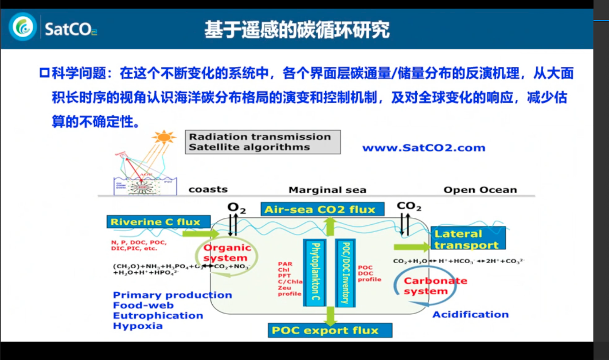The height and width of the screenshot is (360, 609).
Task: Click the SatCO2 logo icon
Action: tap(22, 26)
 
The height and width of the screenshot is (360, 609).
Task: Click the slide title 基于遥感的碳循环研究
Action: tap(297, 29)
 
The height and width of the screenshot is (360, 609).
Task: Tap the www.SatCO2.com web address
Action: tap(423, 148)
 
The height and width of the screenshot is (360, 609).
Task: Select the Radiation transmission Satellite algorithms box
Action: tap(263, 142)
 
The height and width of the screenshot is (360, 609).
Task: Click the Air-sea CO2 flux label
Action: tap(320, 209)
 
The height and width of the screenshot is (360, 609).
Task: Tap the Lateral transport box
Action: tap(467, 239)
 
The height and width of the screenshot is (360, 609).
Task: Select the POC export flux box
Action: tap(330, 330)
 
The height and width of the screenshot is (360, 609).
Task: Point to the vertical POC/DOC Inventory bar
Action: tap(345, 272)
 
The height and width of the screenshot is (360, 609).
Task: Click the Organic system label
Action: tap(228, 253)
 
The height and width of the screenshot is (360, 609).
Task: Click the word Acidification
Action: tap(470, 314)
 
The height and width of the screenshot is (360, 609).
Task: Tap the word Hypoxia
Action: tap(138, 326)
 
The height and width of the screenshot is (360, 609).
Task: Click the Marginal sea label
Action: tap(327, 190)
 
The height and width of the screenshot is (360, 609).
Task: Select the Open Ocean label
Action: tap(480, 190)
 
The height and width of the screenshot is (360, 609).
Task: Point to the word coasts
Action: tap(208, 189)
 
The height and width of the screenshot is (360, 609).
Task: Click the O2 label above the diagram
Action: tap(236, 208)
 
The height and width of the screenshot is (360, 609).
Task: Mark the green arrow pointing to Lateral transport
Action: tap(411, 246)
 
